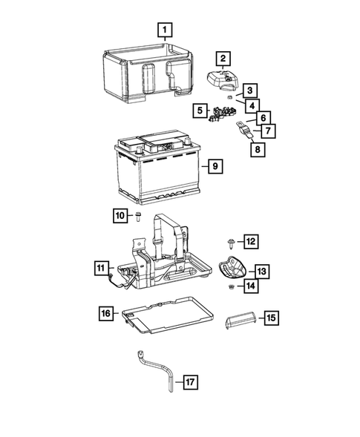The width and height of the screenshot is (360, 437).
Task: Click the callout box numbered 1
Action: (x=164, y=30)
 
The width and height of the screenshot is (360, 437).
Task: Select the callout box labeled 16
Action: (x=106, y=314)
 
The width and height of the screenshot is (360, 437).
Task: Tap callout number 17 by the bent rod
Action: (x=190, y=382)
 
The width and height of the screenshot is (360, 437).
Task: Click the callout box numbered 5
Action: (x=198, y=111)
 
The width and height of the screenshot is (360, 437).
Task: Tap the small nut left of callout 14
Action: (x=231, y=286)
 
